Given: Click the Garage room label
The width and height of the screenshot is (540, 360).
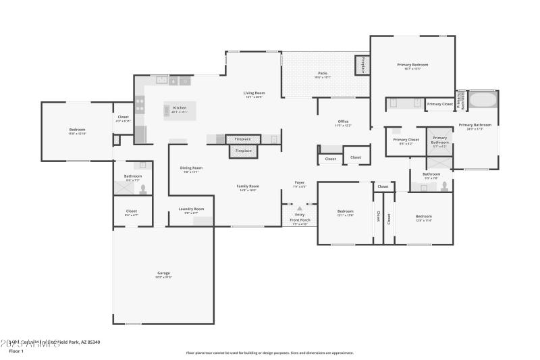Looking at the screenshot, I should click(x=163, y=275).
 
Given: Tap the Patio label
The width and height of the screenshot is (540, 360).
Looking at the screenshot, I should click(x=323, y=75).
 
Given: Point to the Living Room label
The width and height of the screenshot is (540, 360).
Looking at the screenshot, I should click(x=254, y=95).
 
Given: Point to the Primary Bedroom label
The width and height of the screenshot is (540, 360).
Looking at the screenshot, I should click(x=412, y=66).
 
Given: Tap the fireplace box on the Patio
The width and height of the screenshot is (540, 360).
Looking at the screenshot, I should click(x=362, y=66).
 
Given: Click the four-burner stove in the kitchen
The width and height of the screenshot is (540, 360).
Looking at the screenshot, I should click(x=140, y=104).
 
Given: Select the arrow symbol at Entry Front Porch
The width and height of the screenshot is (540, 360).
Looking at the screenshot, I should click(x=300, y=209).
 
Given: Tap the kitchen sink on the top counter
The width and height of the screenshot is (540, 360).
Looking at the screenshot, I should click(x=162, y=80).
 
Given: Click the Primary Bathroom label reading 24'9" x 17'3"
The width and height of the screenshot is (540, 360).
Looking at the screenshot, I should click(x=475, y=126).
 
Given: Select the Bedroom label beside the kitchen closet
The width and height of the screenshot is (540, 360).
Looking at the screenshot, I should click(x=77, y=131).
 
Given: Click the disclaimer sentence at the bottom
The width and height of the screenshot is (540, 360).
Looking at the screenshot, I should click(x=270, y=353).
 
